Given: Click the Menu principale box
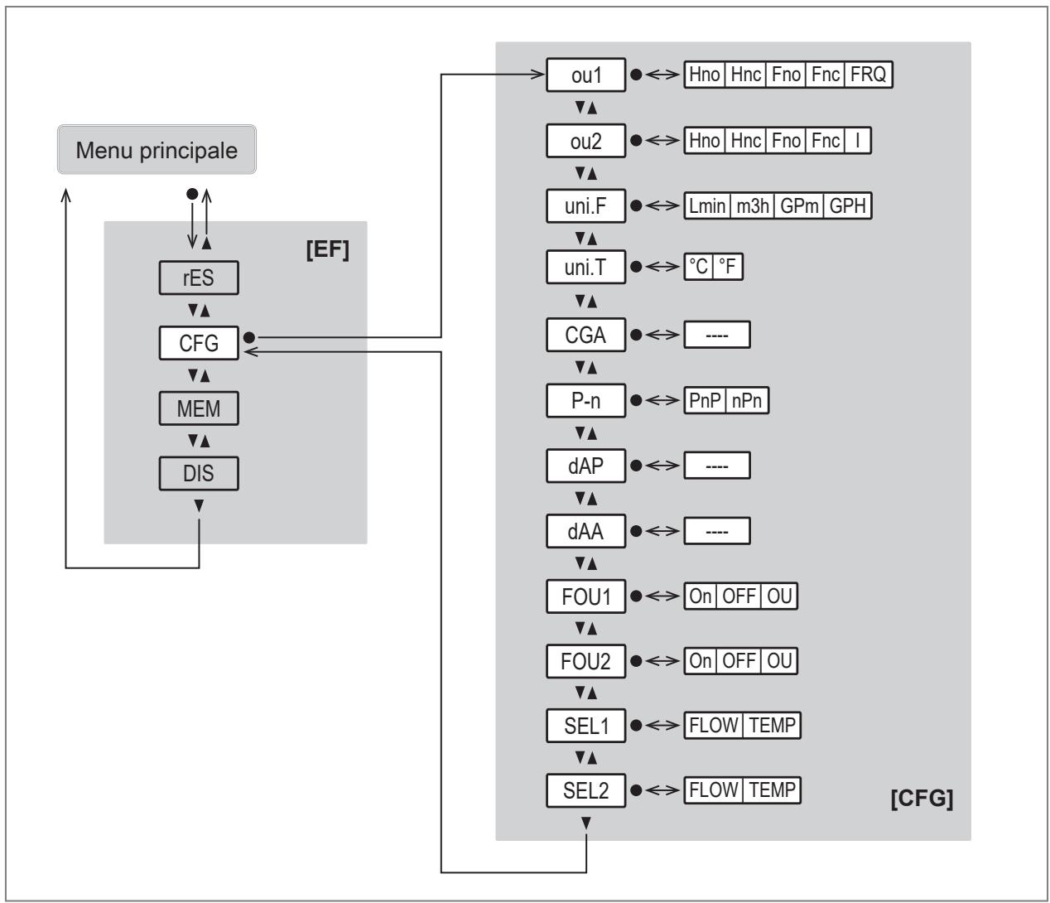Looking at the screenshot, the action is tap(157, 149).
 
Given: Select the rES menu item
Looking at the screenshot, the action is tap(199, 278).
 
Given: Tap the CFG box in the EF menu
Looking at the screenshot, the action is tap(199, 343).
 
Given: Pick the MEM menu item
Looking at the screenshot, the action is tap(199, 408).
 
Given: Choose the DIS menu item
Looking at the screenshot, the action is tap(199, 473).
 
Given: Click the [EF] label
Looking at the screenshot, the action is tap(328, 249).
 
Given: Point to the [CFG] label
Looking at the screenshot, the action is tap(922, 798).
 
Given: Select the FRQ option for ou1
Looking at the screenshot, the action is tap(868, 75).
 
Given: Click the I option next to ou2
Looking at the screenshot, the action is tap(858, 140).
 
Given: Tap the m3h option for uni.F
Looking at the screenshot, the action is tap(753, 205).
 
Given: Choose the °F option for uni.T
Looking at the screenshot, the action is tap(727, 266).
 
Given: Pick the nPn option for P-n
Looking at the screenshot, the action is tap(746, 400).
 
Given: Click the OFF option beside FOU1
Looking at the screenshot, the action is tap(739, 596).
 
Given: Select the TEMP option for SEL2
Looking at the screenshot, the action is tap(772, 790).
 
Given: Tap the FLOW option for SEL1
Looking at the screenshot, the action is tap(714, 725).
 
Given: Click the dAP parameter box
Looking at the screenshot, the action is tap(585, 466).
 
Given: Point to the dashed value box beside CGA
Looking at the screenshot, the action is tap(717, 335).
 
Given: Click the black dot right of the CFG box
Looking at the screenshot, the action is tap(249, 337).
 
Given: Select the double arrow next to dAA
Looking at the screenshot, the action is tap(662, 531).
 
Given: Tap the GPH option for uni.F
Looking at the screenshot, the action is tap(847, 205).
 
